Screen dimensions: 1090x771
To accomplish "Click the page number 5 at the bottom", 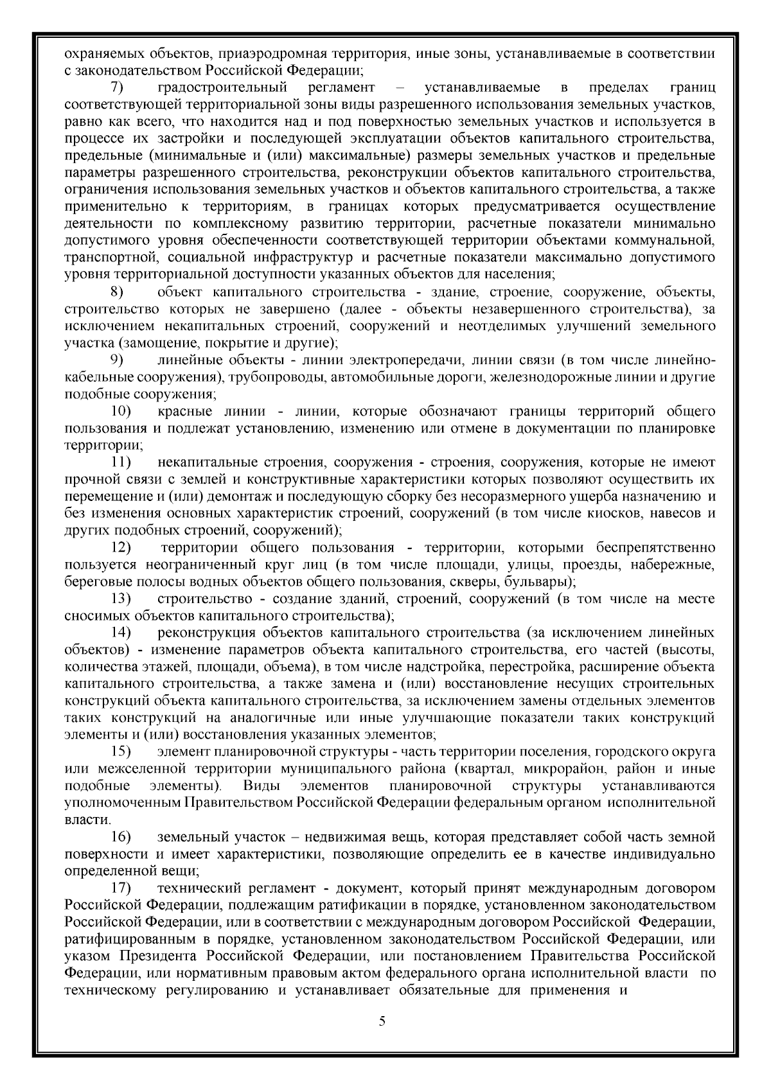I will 382,1039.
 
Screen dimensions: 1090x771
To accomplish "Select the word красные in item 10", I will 182,410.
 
